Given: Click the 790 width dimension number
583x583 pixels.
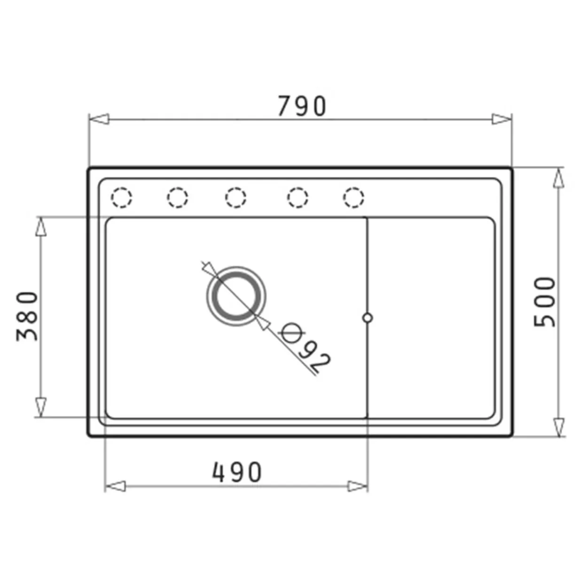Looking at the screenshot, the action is tap(302, 106).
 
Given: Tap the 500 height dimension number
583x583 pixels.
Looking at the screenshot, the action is tap(544, 302).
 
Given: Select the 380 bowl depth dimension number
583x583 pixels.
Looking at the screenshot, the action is tap(27, 316).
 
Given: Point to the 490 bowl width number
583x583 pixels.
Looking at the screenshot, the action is tap(237, 472).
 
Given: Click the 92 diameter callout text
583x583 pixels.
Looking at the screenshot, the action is tap(315, 359).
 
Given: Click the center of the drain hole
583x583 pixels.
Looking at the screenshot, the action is tap(236, 296).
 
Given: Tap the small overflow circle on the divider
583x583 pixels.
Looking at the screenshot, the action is tap(367, 318).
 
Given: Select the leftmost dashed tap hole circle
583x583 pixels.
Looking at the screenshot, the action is tap(121, 197).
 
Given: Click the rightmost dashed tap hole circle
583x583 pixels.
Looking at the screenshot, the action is tap(354, 197).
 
